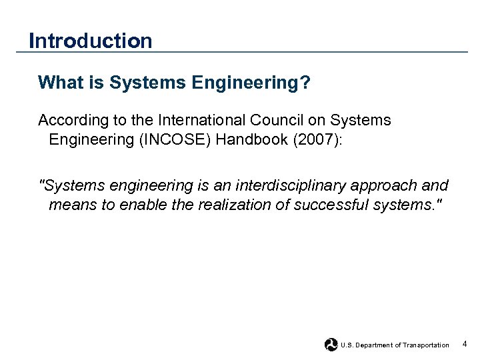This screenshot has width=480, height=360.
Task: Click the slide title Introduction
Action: [91, 41]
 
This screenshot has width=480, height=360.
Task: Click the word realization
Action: [228, 205]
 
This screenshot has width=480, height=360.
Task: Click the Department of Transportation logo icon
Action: [331, 345]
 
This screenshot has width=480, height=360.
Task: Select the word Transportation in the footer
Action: [427, 345]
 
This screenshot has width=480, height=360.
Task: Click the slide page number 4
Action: [465, 344]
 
